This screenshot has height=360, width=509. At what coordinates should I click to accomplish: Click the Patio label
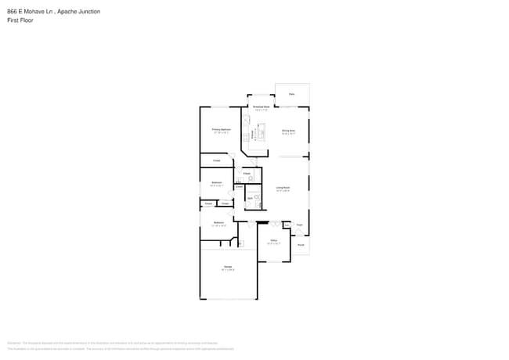[291, 94]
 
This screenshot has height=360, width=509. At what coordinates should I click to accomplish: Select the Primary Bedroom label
[221, 129]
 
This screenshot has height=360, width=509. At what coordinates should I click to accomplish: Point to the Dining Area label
[288, 130]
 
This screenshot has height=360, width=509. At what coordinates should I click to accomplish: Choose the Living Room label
[283, 187]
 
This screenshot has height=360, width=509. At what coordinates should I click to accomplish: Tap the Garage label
[228, 267]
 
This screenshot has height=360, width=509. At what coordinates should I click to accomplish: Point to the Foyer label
[299, 225]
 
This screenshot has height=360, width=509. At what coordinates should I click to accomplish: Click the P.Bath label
[247, 173]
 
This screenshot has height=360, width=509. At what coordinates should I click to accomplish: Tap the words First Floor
[20, 20]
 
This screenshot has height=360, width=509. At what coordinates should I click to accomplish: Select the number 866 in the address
[12, 12]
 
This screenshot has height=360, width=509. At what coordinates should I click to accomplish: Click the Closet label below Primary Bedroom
[216, 160]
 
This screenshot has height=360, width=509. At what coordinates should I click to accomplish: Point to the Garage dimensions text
[228, 271]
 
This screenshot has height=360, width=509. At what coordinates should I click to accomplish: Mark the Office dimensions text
[273, 243]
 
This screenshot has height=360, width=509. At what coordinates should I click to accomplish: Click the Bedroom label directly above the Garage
[218, 222]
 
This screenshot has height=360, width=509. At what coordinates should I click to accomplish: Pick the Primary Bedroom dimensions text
[221, 133]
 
